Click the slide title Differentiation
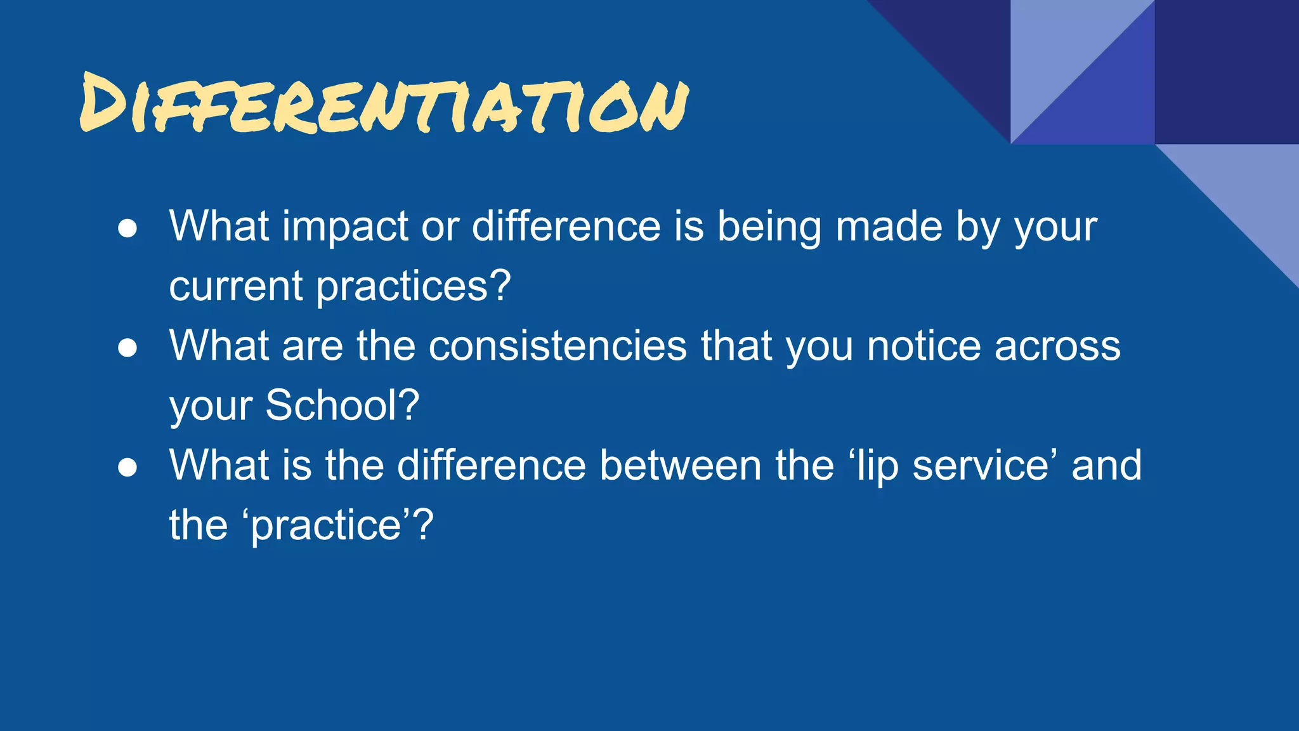point(384,103)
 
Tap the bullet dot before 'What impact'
point(127,229)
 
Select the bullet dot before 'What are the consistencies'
point(127,348)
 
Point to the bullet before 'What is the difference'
point(127,468)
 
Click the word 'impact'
point(345,227)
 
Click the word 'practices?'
point(413,287)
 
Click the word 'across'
point(1057,347)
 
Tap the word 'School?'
point(342,405)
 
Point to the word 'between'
point(681,465)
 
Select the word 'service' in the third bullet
point(981,465)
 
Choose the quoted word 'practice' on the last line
point(327,526)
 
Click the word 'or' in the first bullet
point(440,227)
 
